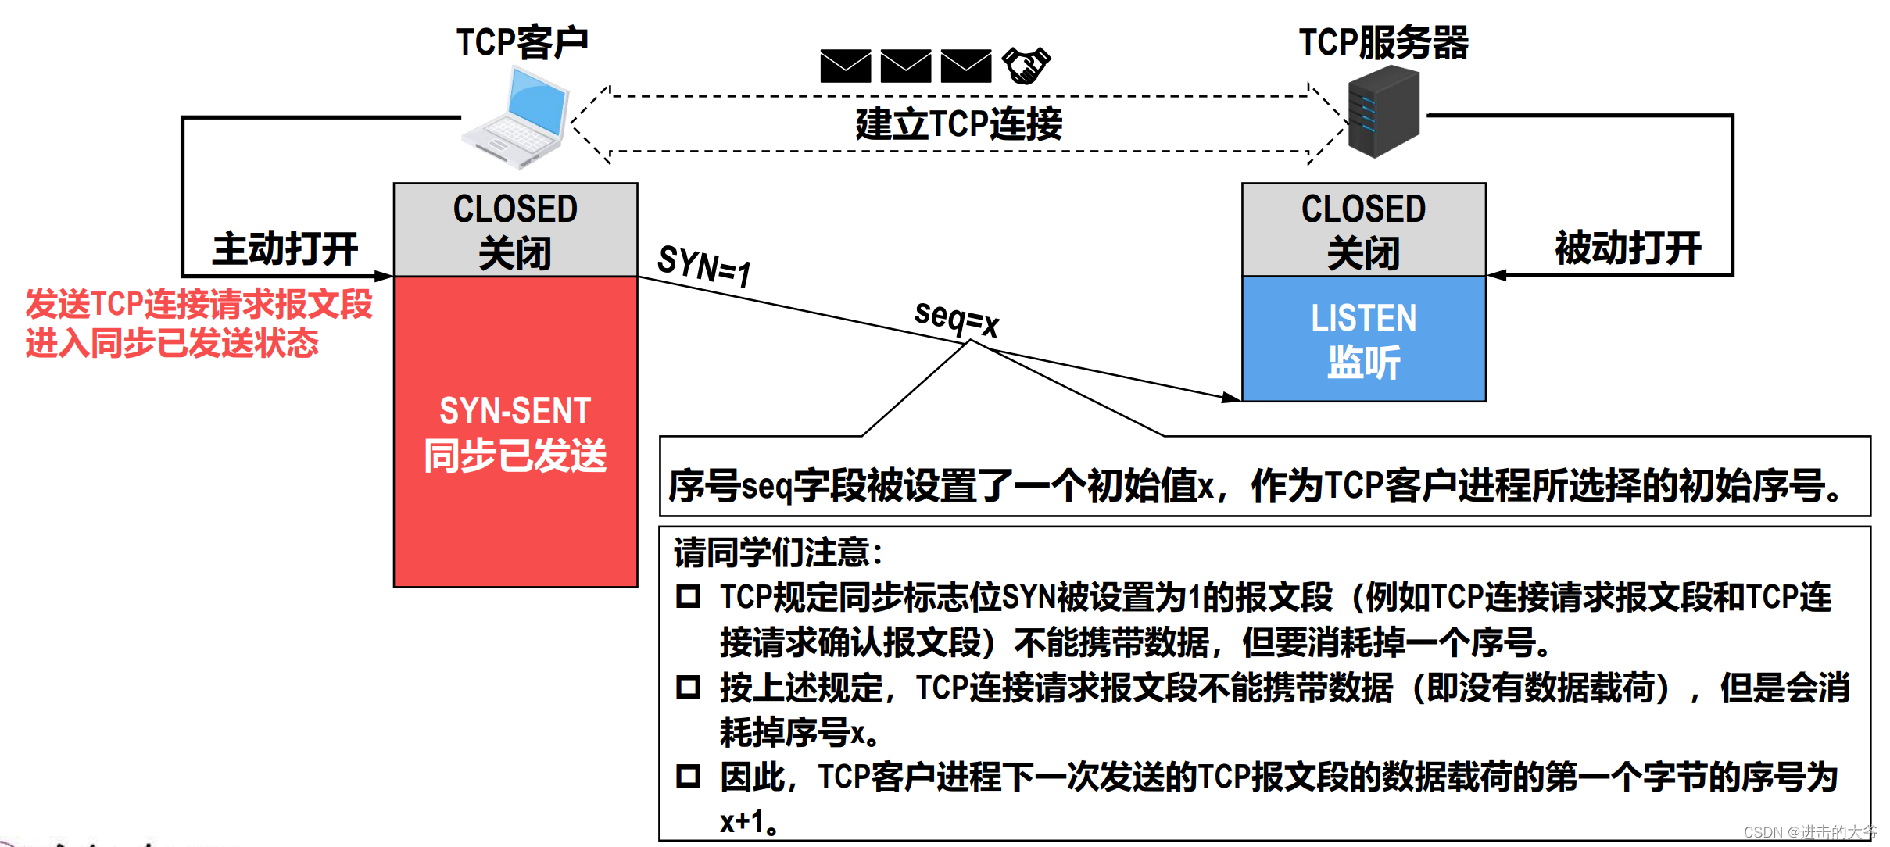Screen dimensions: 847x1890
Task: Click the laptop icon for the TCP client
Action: (x=516, y=117)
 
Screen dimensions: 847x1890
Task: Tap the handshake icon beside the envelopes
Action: (x=1026, y=66)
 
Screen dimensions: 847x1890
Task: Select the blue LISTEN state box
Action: (x=1363, y=339)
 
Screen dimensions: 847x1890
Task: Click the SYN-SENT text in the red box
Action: (x=515, y=411)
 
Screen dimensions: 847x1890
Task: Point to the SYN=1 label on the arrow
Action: (x=704, y=266)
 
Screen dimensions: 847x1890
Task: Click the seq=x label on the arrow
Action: (x=957, y=318)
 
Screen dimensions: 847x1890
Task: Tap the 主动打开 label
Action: (x=285, y=248)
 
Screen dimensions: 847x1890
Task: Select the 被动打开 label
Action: (x=1628, y=248)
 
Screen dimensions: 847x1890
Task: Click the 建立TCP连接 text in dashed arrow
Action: (x=959, y=124)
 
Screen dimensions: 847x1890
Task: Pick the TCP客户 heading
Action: (x=522, y=42)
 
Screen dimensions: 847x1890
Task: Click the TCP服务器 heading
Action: (x=1383, y=42)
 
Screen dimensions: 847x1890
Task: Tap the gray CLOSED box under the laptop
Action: (x=515, y=230)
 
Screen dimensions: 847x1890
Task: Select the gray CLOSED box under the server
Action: (x=1363, y=230)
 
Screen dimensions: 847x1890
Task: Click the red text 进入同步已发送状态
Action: (x=172, y=344)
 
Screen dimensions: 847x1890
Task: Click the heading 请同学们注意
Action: (x=778, y=552)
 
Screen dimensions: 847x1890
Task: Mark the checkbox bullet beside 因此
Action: (x=688, y=776)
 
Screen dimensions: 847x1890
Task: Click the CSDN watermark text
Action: (x=1809, y=832)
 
